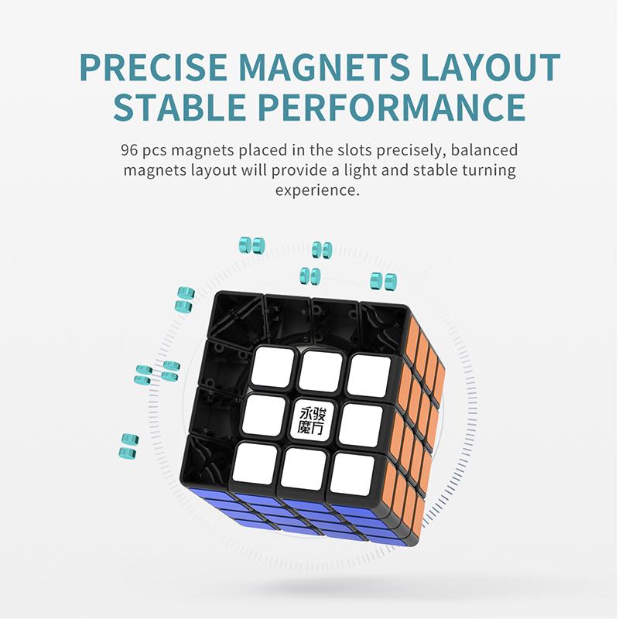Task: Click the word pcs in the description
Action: click(x=159, y=150)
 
